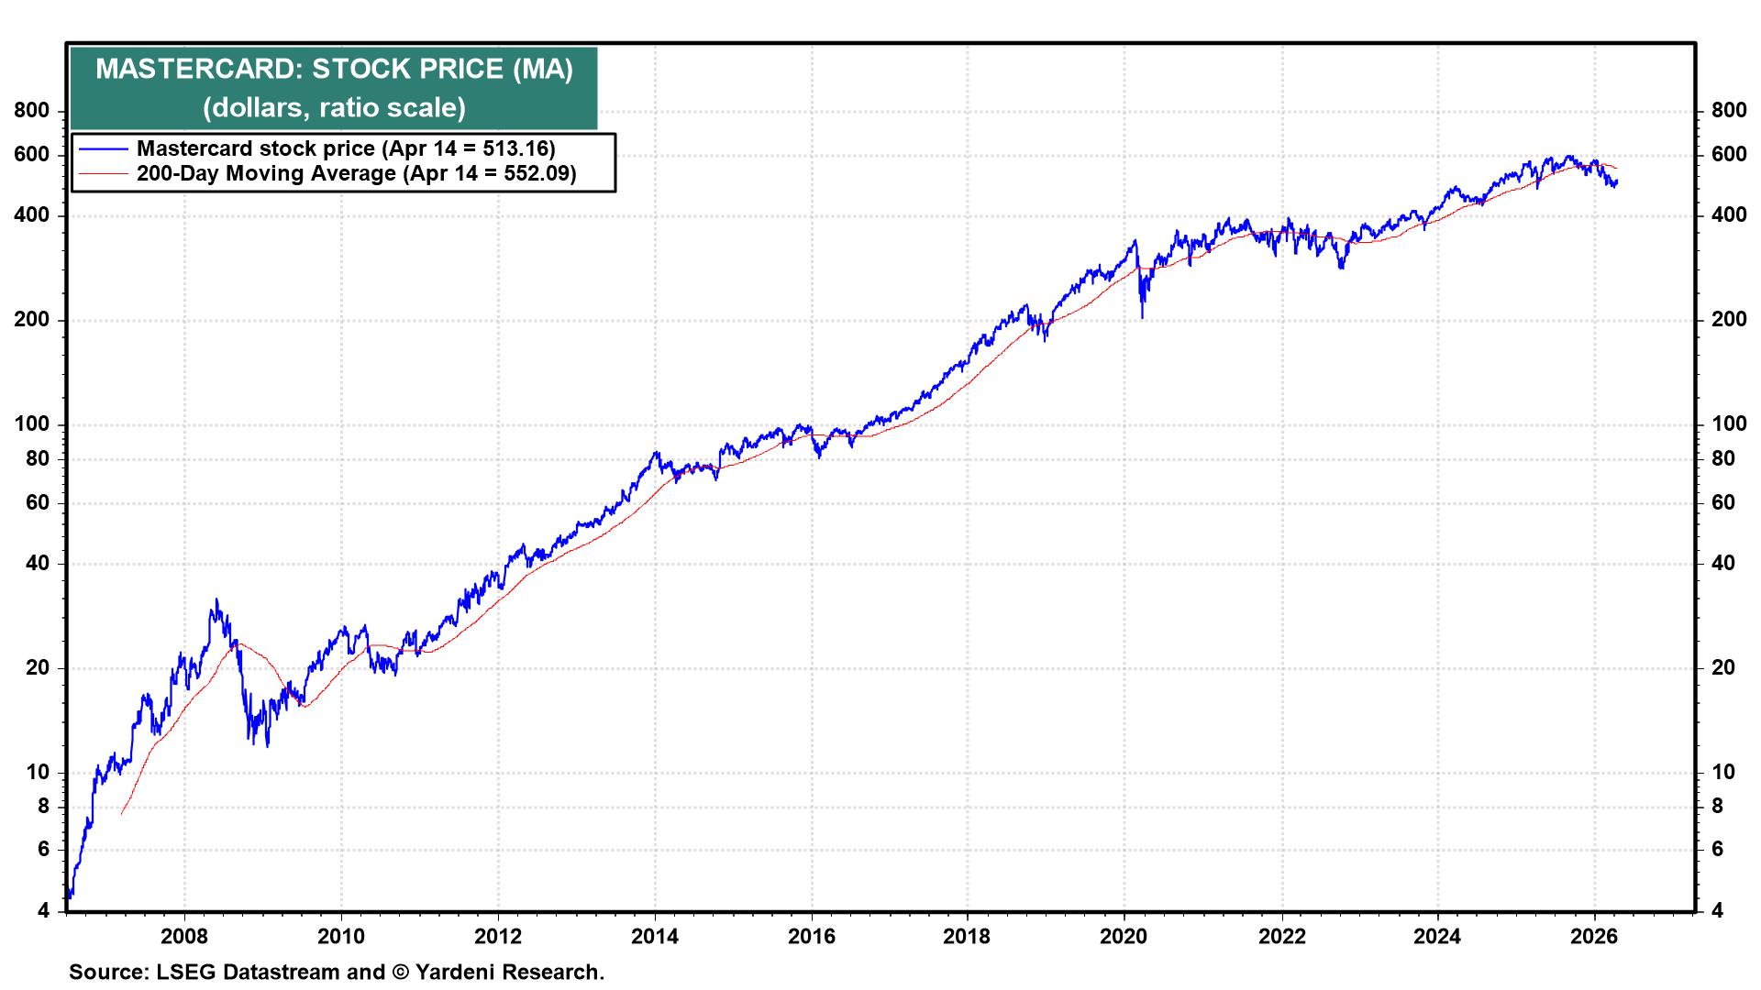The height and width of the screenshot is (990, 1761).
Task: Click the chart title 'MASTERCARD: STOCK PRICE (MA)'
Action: [334, 70]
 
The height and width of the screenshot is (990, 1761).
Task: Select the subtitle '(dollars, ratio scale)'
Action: [334, 108]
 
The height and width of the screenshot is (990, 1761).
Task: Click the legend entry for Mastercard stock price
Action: [346, 148]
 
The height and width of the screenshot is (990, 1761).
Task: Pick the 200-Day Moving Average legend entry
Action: [356, 173]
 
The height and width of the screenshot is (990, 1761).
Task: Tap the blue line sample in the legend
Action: [104, 148]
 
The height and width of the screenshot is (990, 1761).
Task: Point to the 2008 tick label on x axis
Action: [184, 936]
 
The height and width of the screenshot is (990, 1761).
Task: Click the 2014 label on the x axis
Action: [655, 936]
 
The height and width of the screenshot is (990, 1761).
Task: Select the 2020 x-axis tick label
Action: [1124, 936]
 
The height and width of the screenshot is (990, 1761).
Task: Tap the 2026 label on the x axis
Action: [1595, 936]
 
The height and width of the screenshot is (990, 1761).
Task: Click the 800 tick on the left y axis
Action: [32, 111]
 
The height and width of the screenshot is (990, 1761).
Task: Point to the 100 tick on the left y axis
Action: [32, 424]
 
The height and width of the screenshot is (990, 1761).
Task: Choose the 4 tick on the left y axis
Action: [43, 911]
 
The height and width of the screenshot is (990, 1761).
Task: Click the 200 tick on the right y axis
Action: [1729, 320]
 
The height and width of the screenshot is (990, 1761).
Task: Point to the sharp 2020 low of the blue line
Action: [1142, 318]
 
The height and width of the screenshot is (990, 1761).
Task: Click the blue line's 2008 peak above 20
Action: [216, 599]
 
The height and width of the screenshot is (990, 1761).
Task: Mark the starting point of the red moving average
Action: [121, 813]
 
